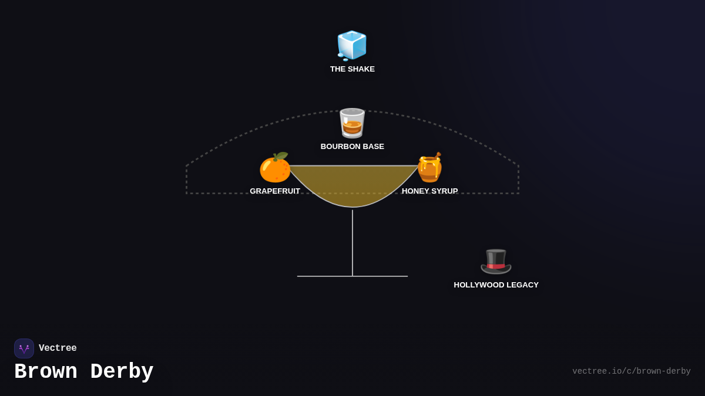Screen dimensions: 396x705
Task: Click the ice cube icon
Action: pyautogui.click(x=352, y=45)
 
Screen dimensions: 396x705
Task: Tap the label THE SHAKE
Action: pyautogui.click(x=352, y=69)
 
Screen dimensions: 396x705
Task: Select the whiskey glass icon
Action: pyautogui.click(x=352, y=123)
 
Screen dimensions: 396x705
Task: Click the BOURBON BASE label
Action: pyautogui.click(x=352, y=147)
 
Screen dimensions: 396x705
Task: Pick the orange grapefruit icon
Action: pyautogui.click(x=274, y=168)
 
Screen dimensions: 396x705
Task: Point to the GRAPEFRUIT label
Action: pyautogui.click(x=275, y=191)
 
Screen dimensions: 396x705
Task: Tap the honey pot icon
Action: pyautogui.click(x=429, y=168)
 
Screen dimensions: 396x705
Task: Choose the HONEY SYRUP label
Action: pyautogui.click(x=429, y=191)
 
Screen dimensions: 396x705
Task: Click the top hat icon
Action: pyautogui.click(x=496, y=261)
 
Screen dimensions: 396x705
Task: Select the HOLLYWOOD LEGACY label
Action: pyautogui.click(x=496, y=285)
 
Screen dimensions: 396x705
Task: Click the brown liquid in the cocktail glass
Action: pyautogui.click(x=352, y=185)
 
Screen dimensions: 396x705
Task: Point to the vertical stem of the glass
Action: pyautogui.click(x=352, y=243)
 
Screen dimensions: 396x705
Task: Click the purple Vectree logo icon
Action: pyautogui.click(x=24, y=348)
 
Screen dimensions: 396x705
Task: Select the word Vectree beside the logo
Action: pyautogui.click(x=58, y=348)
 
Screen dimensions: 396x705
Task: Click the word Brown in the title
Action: pyautogui.click(x=46, y=372)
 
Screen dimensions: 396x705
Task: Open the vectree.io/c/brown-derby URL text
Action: pyautogui.click(x=631, y=371)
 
